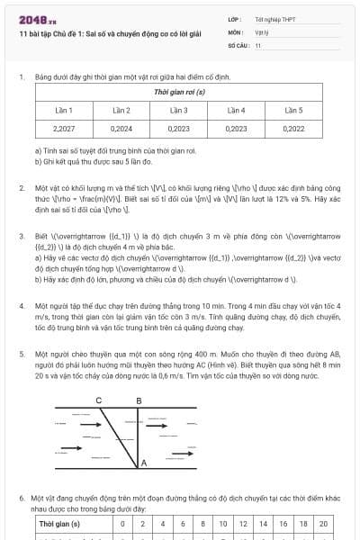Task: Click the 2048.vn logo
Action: tap(39, 18)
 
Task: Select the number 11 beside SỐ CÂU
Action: tap(258, 43)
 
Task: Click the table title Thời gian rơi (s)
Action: tap(179, 93)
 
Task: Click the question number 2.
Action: tap(21, 188)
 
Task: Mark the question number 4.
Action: tap(21, 306)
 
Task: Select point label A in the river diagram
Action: tap(144, 463)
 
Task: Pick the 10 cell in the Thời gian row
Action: tap(223, 524)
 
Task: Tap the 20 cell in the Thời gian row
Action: tap(323, 524)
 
